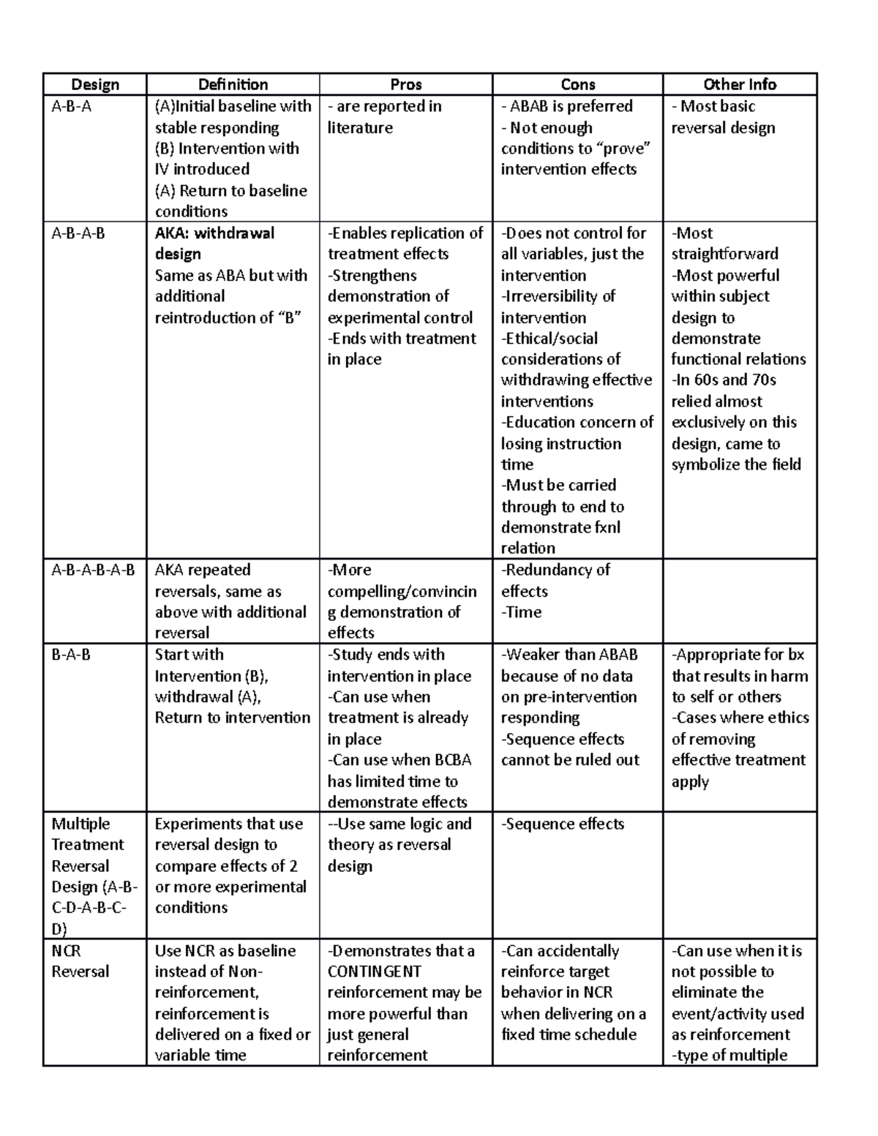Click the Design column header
(x=95, y=85)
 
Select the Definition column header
(x=233, y=85)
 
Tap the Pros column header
(x=405, y=85)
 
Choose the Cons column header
(x=577, y=85)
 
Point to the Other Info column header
(x=740, y=85)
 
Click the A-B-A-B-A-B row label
(x=93, y=571)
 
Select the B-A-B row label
(x=71, y=655)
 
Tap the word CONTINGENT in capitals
(x=374, y=972)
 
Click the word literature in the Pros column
(x=360, y=128)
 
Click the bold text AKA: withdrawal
(x=214, y=233)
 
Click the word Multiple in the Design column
(x=80, y=824)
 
